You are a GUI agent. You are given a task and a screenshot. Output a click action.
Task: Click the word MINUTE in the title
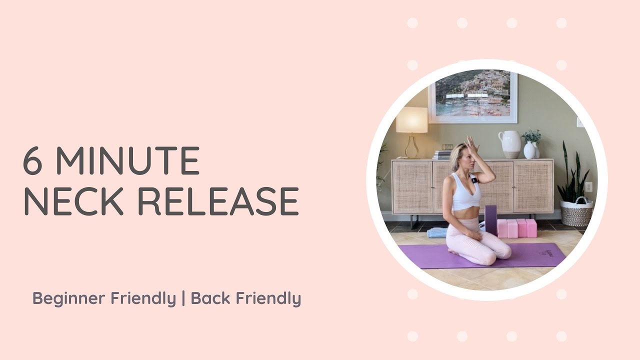tap(127, 161)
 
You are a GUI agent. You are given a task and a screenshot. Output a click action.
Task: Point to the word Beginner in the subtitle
tap(69, 298)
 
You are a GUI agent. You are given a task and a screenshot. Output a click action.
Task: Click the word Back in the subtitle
tap(210, 298)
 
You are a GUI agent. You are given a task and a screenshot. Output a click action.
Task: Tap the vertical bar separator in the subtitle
tap(183, 298)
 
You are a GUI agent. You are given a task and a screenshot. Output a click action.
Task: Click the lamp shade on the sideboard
tap(411, 120)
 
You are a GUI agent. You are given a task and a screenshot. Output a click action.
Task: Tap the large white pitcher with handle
tap(510, 144)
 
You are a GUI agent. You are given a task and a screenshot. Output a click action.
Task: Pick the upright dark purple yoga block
tap(491, 220)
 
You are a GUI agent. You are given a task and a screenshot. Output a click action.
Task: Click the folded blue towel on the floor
tap(437, 232)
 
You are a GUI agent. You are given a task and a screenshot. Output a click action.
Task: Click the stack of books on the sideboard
tap(442, 154)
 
